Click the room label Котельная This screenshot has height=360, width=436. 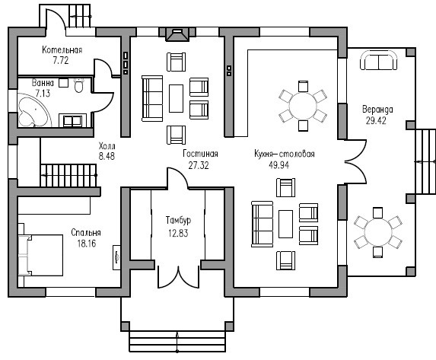pyautogui.click(x=62, y=50)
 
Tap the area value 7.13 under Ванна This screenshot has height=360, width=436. pyautogui.click(x=43, y=93)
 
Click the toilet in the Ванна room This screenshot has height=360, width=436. pyautogui.click(x=79, y=85)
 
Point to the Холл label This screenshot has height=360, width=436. pyautogui.click(x=107, y=146)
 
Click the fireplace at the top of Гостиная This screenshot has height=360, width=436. pyautogui.click(x=178, y=34)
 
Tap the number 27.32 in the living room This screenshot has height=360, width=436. pyautogui.click(x=199, y=165)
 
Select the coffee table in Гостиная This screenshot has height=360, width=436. pyautogui.click(x=176, y=98)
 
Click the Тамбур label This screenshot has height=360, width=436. pyautogui.click(x=178, y=221)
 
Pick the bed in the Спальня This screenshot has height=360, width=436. pyautogui.click(x=40, y=255)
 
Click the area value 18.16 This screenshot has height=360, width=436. pyautogui.click(x=87, y=244)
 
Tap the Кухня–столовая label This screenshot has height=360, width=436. pyautogui.click(x=285, y=154)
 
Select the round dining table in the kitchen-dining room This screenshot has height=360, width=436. pyautogui.click(x=303, y=106)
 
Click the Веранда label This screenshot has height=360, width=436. pyautogui.click(x=377, y=110)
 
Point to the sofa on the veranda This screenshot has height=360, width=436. pyautogui.click(x=378, y=60)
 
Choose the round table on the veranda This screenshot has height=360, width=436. pyautogui.click(x=378, y=232)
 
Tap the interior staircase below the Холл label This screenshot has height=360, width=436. pyautogui.click(x=68, y=175)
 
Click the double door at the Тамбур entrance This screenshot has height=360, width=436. pyautogui.click(x=179, y=277)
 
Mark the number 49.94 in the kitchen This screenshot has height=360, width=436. pyautogui.click(x=279, y=165)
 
